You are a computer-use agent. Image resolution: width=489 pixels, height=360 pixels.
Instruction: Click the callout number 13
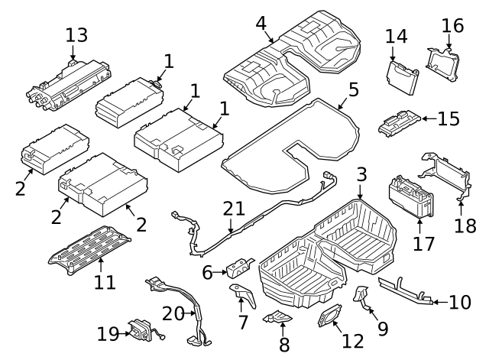[x=76, y=34]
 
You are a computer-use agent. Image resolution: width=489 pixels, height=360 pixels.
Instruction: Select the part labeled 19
[x=141, y=329]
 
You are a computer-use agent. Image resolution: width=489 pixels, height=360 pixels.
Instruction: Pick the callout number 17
[x=423, y=244]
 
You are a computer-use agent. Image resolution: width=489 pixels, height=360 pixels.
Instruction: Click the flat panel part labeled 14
[x=401, y=76]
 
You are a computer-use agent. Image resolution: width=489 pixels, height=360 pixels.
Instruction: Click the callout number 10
[x=460, y=302]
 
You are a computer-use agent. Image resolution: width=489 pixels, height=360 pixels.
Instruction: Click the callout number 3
[x=361, y=174]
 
